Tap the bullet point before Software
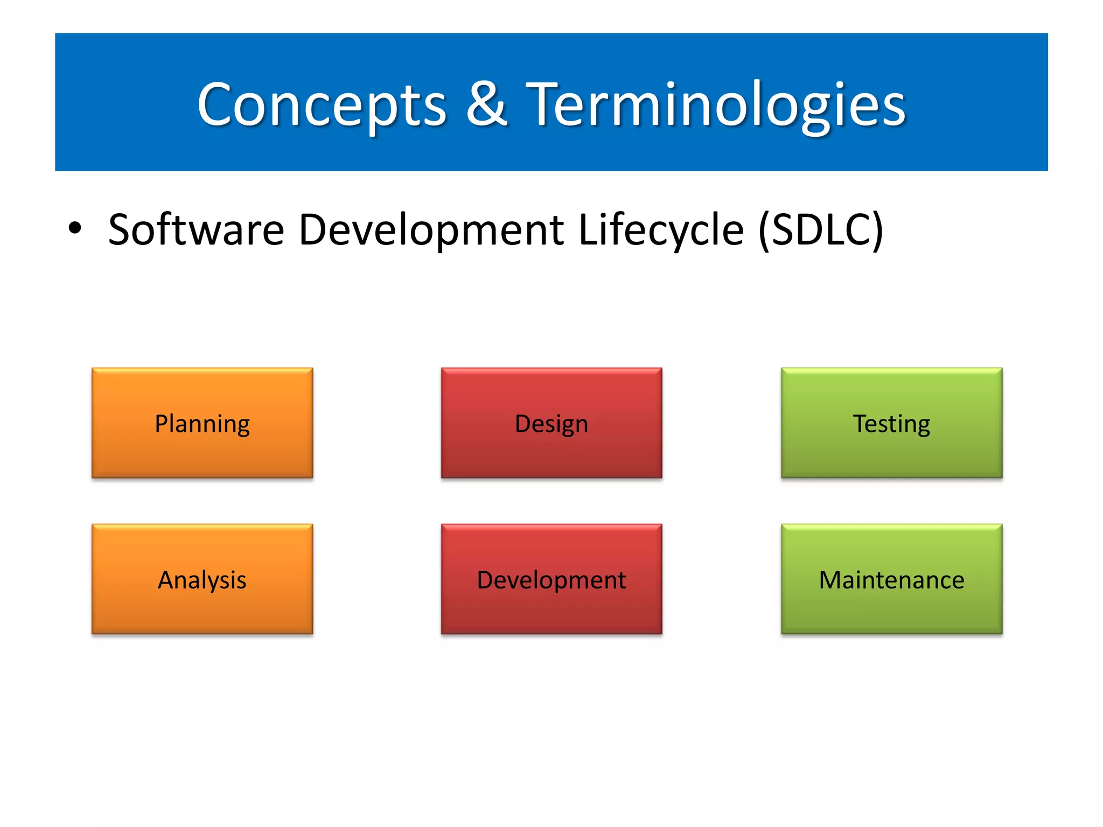point(75,228)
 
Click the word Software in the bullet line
point(196,230)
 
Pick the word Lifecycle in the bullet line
point(661,230)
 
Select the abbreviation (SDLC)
point(820,230)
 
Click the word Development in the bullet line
point(431,230)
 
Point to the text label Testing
point(891,424)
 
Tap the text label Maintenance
point(891,580)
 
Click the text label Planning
point(202,424)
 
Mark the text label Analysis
point(202,580)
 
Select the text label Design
point(551,424)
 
